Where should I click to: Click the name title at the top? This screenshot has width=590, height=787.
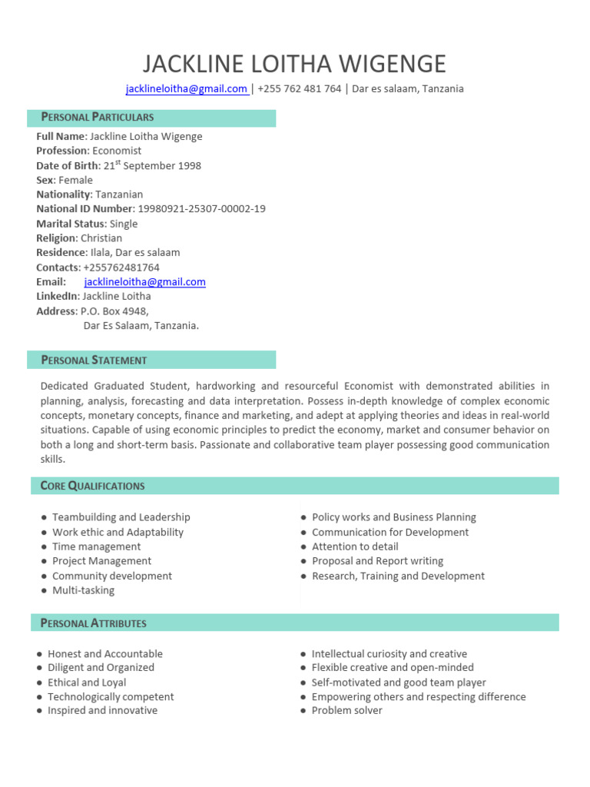click(295, 63)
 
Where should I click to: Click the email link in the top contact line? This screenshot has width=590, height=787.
click(187, 89)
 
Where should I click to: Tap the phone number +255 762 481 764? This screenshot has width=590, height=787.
click(300, 89)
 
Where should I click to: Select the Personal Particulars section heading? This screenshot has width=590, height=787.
click(98, 118)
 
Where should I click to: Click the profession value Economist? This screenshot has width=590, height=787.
click(117, 151)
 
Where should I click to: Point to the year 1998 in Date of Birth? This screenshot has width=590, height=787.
click(189, 166)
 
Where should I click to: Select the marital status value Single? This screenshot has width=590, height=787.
click(124, 224)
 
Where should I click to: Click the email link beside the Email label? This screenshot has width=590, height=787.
click(144, 282)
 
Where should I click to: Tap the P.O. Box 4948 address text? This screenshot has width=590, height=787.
click(114, 311)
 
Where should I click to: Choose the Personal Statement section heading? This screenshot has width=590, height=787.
click(94, 360)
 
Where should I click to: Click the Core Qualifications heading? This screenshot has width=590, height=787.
click(93, 486)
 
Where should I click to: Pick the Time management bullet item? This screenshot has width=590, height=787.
click(96, 547)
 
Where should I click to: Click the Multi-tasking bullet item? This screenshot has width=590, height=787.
click(83, 591)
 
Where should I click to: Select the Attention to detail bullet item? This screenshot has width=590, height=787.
click(355, 547)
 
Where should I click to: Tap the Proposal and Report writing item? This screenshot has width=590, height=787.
click(377, 562)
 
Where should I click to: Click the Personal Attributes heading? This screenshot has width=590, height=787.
click(94, 623)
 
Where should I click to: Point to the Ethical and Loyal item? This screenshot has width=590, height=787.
click(87, 682)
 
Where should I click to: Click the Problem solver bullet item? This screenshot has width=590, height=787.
click(346, 711)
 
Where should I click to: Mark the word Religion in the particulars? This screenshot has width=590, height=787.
click(56, 238)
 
